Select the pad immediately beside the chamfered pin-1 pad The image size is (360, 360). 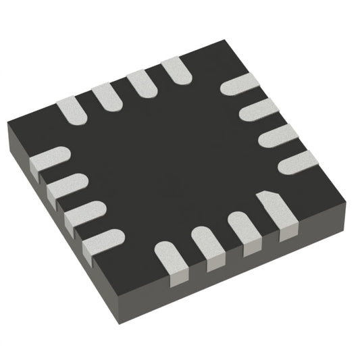[x=245, y=230]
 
